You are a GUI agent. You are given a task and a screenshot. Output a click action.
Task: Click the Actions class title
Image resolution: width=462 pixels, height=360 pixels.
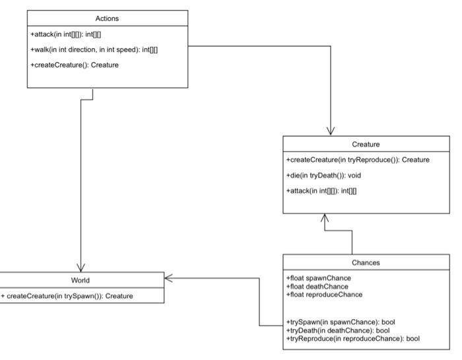[x=107, y=18]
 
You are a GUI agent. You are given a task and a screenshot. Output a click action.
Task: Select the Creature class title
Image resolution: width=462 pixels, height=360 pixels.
[x=366, y=144]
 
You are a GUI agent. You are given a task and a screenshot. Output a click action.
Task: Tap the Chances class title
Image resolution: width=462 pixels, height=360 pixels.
[x=366, y=262]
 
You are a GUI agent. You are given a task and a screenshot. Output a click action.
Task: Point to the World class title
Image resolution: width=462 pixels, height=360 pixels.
[x=81, y=280]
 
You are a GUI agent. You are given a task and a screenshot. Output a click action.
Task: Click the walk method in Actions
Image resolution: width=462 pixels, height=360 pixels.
[x=94, y=50]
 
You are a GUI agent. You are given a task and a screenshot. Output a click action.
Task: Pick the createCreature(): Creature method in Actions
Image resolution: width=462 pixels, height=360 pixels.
[x=75, y=65]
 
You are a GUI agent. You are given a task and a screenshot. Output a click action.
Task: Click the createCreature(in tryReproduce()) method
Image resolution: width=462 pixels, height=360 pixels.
[x=358, y=160]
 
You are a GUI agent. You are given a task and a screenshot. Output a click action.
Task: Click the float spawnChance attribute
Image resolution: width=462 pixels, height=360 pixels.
[x=319, y=278]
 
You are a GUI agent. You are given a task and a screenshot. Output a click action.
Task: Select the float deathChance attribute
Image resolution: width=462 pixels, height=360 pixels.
[x=317, y=286]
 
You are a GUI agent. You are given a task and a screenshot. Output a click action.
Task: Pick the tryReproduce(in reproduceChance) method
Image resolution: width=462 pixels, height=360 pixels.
[x=353, y=338]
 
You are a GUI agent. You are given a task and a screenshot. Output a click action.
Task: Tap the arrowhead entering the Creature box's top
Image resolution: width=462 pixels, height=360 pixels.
[x=331, y=131]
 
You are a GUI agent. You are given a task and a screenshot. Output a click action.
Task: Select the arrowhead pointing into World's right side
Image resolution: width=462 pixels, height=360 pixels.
[x=169, y=278]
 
